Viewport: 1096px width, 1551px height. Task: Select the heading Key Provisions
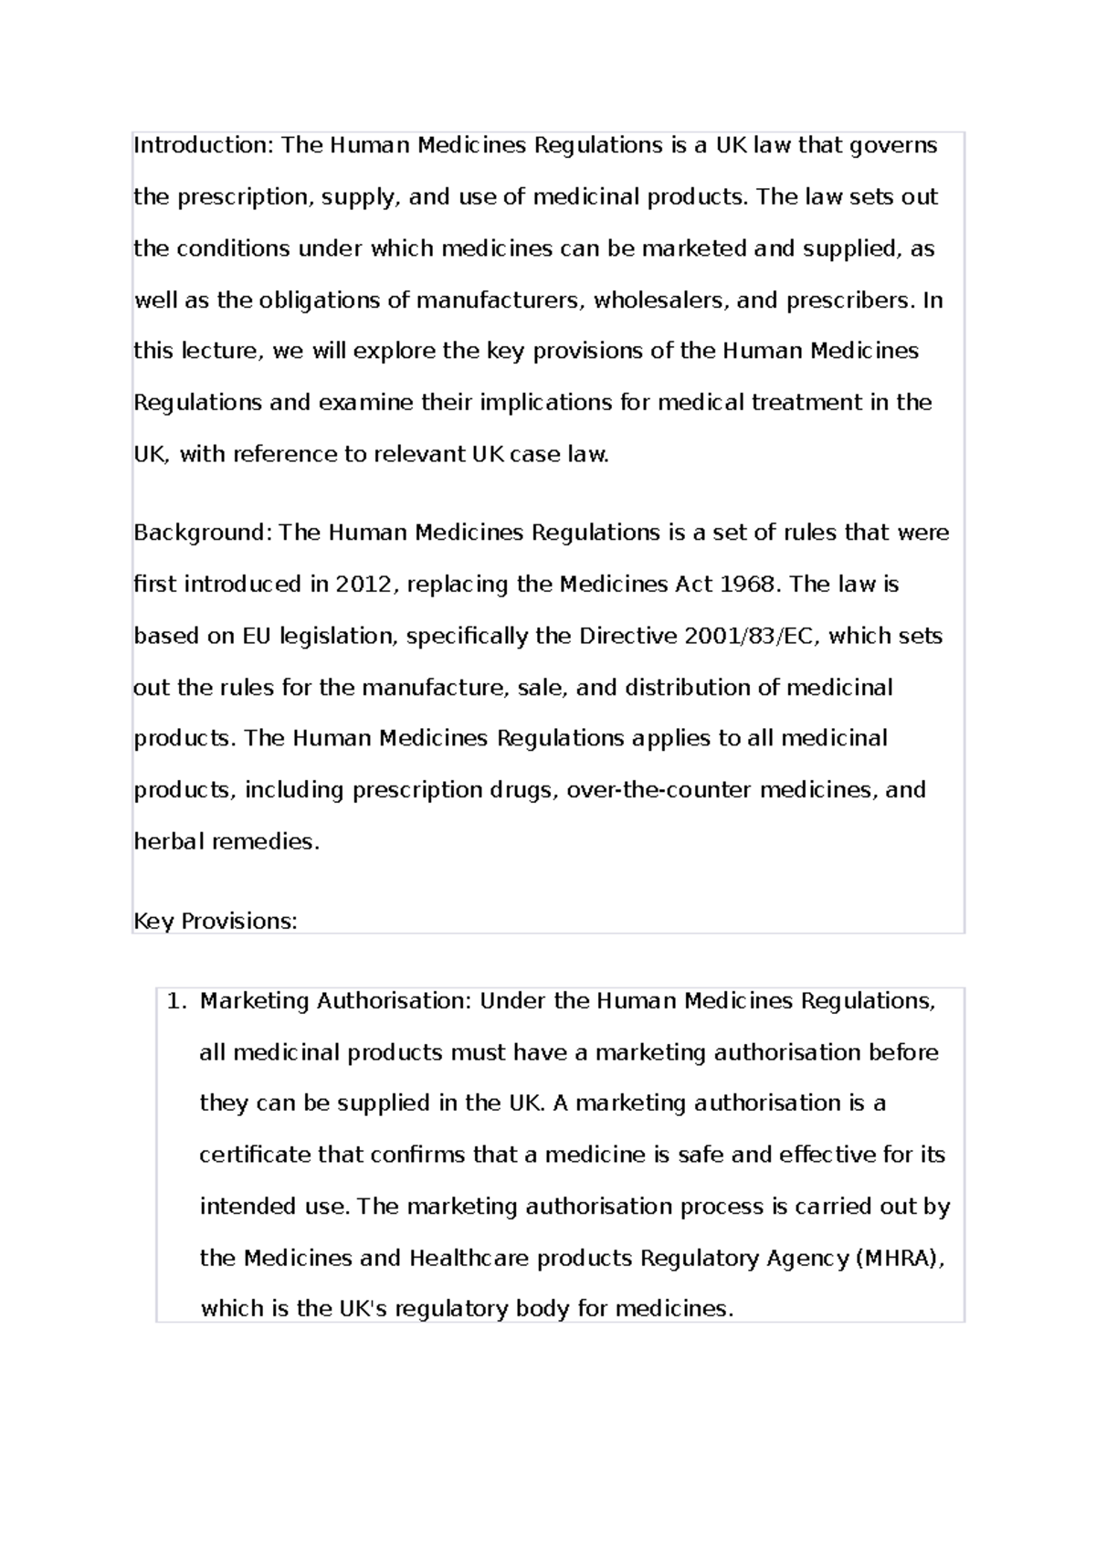pyautogui.click(x=216, y=922)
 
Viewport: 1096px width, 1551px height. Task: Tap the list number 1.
pyautogui.click(x=175, y=1001)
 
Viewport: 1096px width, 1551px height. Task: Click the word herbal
pyautogui.click(x=169, y=842)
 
